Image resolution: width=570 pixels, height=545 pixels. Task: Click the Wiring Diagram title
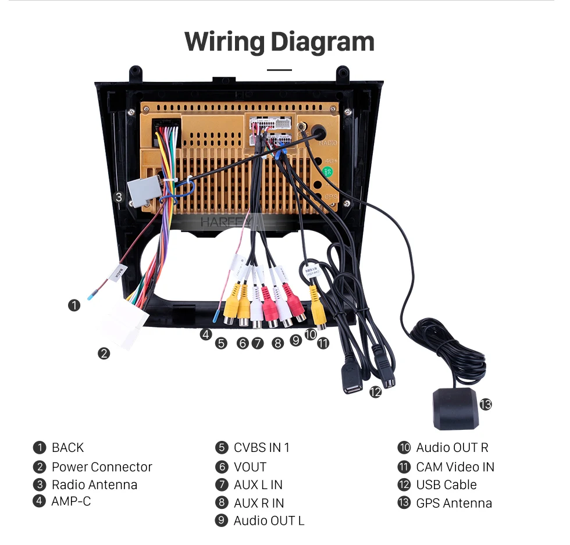tap(279, 42)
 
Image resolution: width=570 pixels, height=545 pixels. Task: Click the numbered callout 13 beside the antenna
tap(485, 404)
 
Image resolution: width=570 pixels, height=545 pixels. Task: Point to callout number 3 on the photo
tap(119, 197)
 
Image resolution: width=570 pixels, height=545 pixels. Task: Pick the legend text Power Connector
tap(102, 466)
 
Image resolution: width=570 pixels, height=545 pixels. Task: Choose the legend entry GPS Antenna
tap(454, 503)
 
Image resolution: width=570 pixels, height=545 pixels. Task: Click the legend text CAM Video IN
tap(455, 466)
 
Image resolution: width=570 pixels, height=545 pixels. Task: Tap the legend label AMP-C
tap(71, 500)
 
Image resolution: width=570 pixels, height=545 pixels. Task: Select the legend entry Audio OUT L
tap(269, 521)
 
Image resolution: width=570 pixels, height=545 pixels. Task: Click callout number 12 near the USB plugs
tap(375, 392)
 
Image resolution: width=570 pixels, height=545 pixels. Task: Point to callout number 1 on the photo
tap(74, 305)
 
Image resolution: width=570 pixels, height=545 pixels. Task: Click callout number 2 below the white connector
tap(104, 353)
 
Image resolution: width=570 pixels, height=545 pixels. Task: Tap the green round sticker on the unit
tap(328, 172)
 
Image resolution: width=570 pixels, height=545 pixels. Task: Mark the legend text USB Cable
tap(446, 485)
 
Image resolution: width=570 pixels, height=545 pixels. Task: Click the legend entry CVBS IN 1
tap(261, 447)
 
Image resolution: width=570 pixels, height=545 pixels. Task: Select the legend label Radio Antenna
tap(94, 485)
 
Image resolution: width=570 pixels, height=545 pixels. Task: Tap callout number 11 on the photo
tap(323, 343)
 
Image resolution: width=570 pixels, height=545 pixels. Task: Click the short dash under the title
tap(279, 70)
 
